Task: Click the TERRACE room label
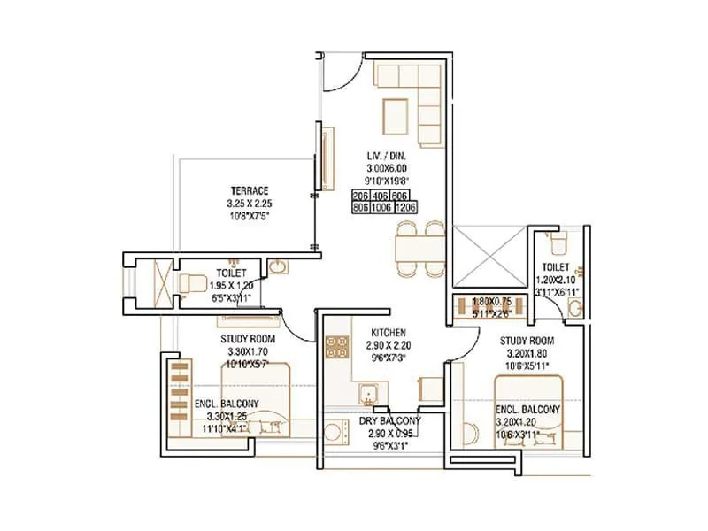tap(250, 190)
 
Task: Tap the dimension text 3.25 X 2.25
tap(250, 202)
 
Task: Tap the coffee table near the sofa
tap(395, 113)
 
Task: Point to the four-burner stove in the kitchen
tap(337, 348)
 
